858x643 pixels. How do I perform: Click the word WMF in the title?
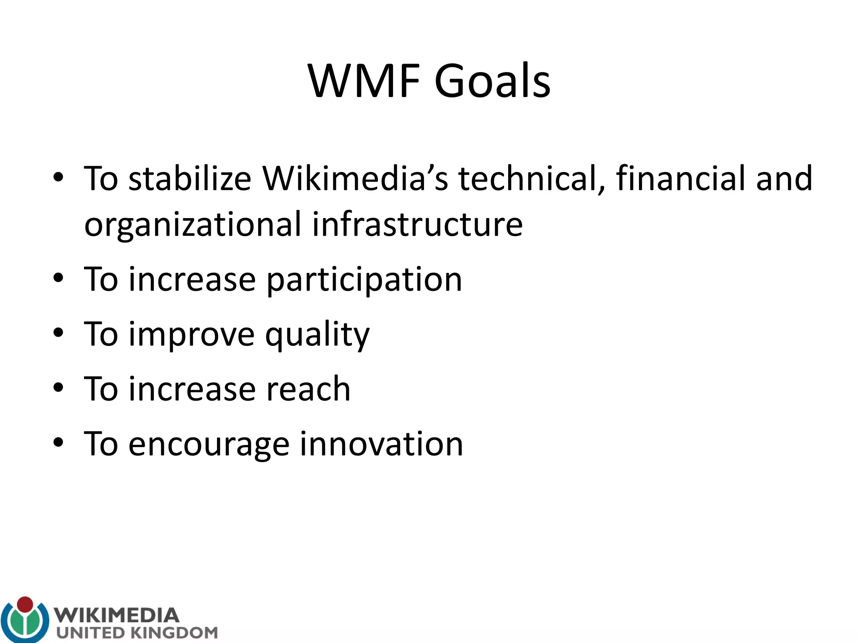tap(364, 81)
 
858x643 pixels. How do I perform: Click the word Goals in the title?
tap(492, 81)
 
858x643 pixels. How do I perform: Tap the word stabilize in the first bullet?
tap(189, 179)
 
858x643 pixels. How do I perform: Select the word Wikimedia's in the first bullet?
tap(355, 179)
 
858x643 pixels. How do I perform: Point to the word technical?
tap(532, 179)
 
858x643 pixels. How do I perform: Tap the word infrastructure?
tap(417, 224)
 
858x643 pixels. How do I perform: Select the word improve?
tap(191, 335)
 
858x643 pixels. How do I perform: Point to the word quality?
tap(317, 335)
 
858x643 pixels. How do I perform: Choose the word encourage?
tap(208, 445)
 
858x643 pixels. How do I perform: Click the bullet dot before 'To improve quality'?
tap(58, 333)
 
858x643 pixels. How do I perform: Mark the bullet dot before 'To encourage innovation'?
tap(58, 442)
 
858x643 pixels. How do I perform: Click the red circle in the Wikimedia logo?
tap(25, 604)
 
